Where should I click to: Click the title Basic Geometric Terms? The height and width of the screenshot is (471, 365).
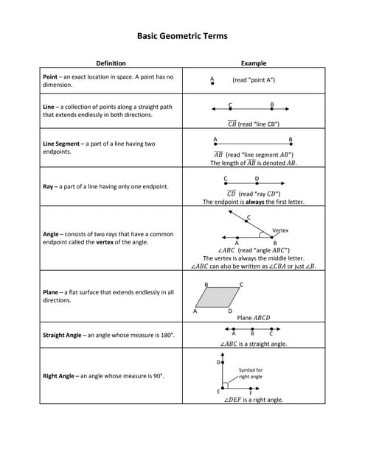coord(182,35)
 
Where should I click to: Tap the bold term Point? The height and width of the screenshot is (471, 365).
coord(51,77)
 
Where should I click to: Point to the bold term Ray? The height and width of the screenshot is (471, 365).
coord(49,186)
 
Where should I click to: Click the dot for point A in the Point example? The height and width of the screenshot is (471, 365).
coord(212,85)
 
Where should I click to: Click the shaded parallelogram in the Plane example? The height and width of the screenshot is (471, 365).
coord(219,297)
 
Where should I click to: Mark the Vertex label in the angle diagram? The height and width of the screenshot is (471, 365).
coord(280,230)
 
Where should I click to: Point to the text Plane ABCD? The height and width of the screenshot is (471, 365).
coord(254,318)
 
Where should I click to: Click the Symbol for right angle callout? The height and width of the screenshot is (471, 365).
coord(251,373)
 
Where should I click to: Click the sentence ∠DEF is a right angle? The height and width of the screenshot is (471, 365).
coord(254,400)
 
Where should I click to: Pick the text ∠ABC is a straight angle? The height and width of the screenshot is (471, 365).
coord(254,344)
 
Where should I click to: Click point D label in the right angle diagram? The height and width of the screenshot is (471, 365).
coord(218,362)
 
